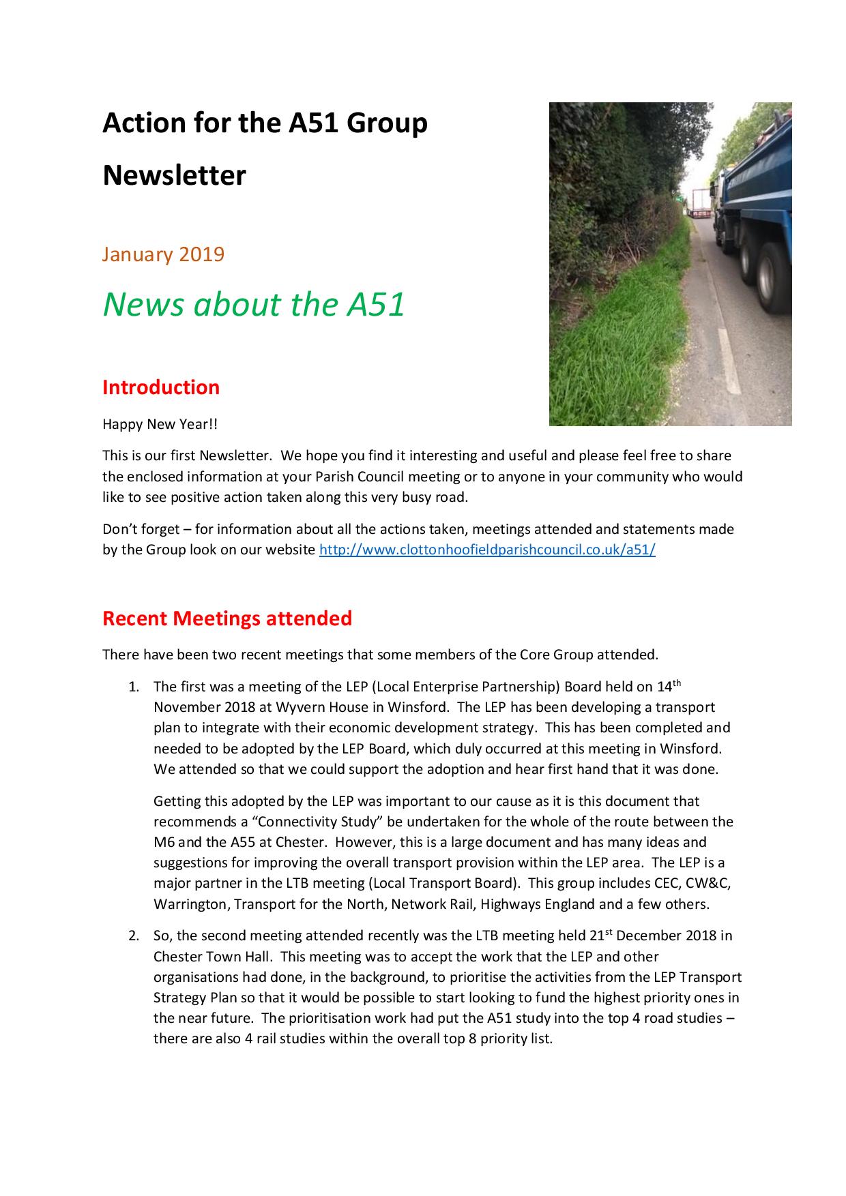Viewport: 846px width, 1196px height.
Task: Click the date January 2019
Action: click(x=163, y=254)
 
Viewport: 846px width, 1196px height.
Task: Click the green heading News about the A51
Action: click(x=254, y=304)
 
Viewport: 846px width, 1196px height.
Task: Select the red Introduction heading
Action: click(x=161, y=387)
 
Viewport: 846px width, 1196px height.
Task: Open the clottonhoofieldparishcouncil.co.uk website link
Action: click(x=487, y=550)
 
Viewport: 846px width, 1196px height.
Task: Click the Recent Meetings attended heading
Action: click(x=227, y=618)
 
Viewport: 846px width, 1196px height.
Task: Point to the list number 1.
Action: click(x=133, y=687)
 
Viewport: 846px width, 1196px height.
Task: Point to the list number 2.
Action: click(x=133, y=936)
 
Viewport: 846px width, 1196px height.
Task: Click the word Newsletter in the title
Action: click(x=174, y=175)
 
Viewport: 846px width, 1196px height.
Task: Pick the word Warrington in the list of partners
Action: click(x=190, y=904)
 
